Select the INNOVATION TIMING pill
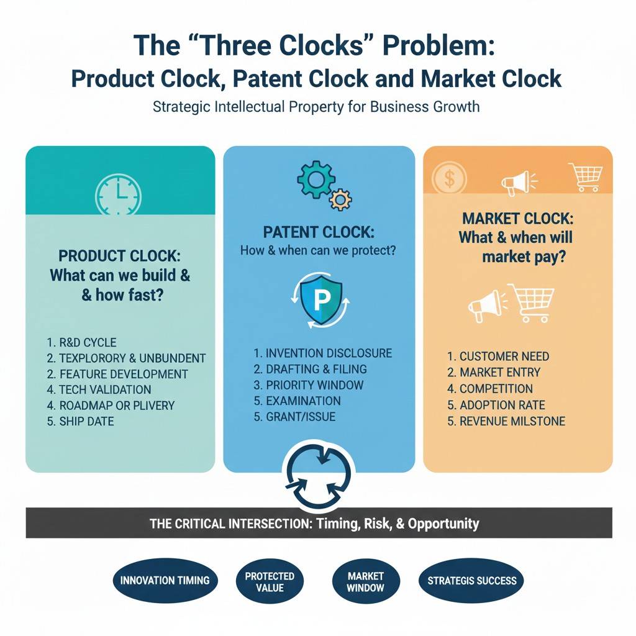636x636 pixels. click(165, 581)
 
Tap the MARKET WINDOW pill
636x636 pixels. click(365, 581)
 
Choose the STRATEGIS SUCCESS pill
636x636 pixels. click(472, 581)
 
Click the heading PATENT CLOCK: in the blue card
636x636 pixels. click(319, 232)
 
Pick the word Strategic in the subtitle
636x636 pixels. click(180, 106)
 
